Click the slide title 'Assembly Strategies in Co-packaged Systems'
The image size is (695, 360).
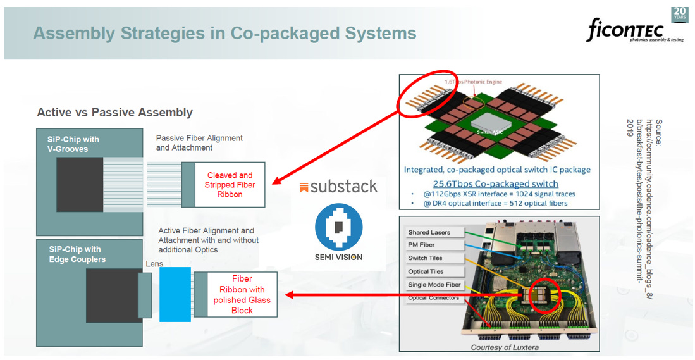pyautogui.click(x=224, y=33)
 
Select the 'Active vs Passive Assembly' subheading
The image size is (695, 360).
pyautogui.click(x=114, y=112)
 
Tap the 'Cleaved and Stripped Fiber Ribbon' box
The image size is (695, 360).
pyautogui.click(x=229, y=185)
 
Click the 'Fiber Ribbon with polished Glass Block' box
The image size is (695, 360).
pyautogui.click(x=242, y=294)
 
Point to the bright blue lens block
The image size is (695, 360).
pyautogui.click(x=175, y=295)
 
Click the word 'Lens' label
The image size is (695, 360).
pyautogui.click(x=154, y=264)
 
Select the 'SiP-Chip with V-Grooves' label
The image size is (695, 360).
pyautogui.click(x=73, y=144)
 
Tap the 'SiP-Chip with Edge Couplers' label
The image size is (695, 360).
pyautogui.click(x=77, y=254)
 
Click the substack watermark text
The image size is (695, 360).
pyautogui.click(x=338, y=187)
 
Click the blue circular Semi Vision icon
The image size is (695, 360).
pyautogui.click(x=339, y=227)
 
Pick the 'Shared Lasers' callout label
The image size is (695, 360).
pyautogui.click(x=429, y=232)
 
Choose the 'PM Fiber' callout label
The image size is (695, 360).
pyautogui.click(x=422, y=245)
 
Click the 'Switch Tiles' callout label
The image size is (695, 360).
pyautogui.click(x=426, y=258)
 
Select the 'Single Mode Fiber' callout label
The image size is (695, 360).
pyautogui.click(x=434, y=285)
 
